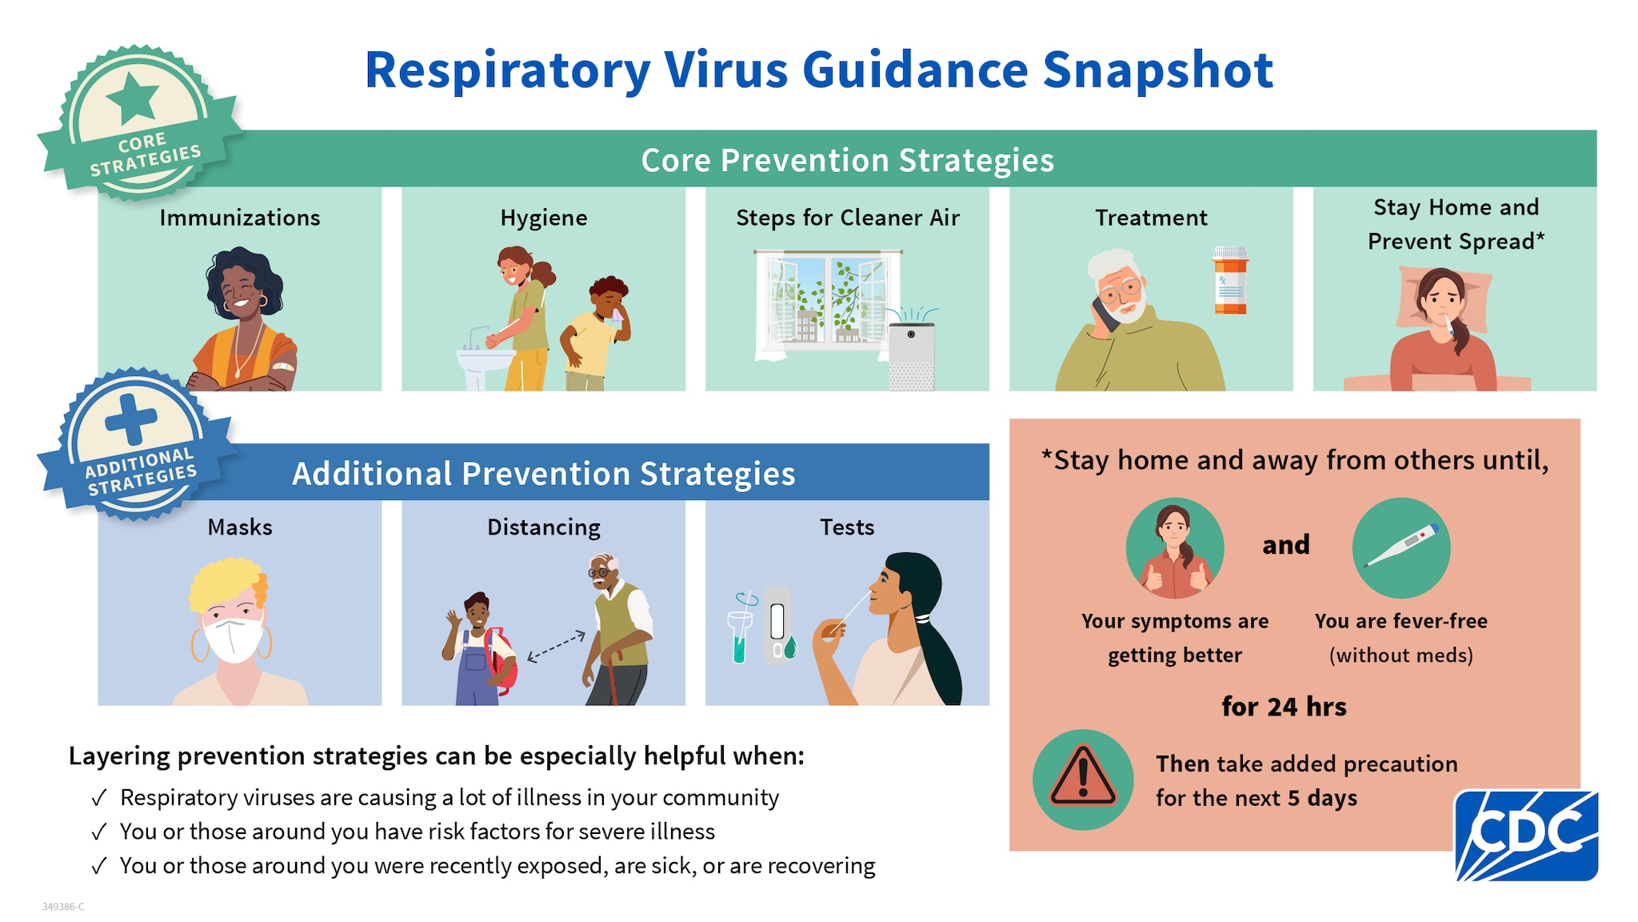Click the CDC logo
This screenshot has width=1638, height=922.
point(1526,836)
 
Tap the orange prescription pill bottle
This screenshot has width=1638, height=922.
point(1230,281)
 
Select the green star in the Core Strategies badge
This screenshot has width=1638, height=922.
point(133,98)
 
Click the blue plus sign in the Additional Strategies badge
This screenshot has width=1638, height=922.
point(130,419)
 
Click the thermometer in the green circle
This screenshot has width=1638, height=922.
point(1400,547)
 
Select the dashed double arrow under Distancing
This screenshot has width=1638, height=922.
point(557,647)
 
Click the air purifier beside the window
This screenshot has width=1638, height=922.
point(912,355)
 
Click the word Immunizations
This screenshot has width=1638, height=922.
point(239,218)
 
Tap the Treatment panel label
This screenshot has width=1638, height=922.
point(1151,218)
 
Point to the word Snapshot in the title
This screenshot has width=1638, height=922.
point(1157,70)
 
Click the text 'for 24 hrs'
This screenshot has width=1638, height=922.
point(1284,707)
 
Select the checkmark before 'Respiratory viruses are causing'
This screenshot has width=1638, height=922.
point(99,798)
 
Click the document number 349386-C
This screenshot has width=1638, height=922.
point(63,907)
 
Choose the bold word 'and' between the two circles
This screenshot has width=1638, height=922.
point(1286,545)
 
